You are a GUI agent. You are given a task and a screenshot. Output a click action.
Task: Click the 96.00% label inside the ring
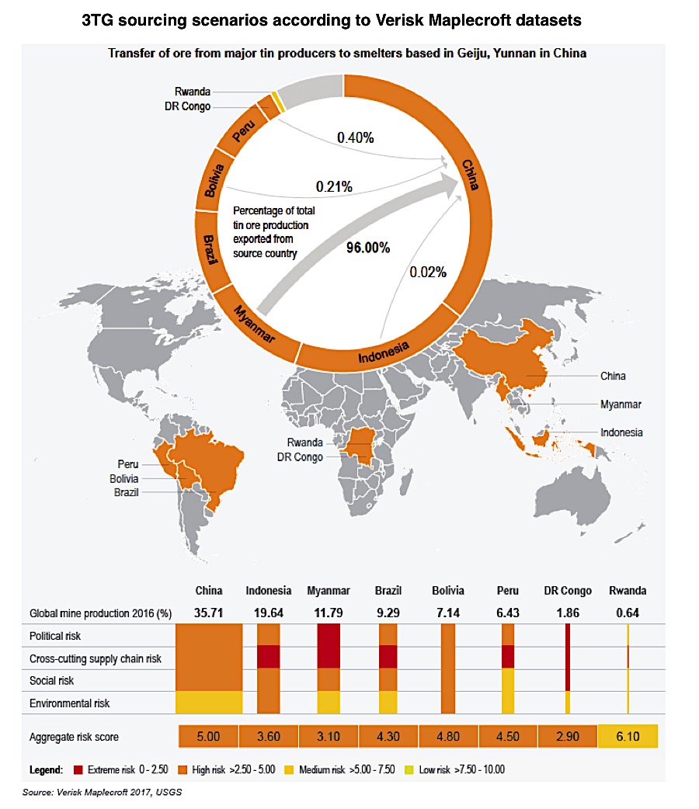(369, 248)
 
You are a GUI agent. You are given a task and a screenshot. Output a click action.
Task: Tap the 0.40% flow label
(356, 138)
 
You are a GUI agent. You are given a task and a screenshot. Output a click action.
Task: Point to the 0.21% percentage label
(334, 186)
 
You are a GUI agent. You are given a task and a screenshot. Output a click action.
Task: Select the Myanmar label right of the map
(621, 404)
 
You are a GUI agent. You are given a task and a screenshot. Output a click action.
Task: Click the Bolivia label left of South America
(123, 478)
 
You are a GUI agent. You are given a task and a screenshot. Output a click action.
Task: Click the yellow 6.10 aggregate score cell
(628, 736)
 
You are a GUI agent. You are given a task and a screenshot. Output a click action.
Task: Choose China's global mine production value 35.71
(209, 613)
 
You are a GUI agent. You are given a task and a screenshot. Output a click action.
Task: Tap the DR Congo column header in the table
(569, 591)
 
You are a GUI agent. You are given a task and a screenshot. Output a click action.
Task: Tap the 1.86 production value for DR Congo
(569, 613)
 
